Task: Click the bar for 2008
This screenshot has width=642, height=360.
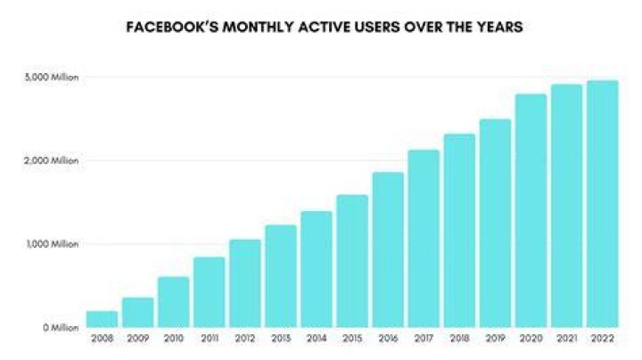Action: click(102, 319)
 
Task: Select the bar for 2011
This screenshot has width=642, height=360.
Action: click(210, 292)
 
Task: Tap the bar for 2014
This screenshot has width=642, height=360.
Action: click(317, 269)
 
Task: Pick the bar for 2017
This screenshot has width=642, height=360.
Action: click(424, 239)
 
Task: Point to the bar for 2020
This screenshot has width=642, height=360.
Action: click(531, 210)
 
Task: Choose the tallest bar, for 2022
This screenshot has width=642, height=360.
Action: click(602, 204)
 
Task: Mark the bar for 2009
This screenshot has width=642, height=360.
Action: click(137, 313)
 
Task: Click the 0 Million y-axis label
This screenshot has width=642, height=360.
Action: click(61, 328)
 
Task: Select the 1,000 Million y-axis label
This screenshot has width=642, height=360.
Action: click(53, 244)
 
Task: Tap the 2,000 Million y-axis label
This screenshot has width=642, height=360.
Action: click(51, 160)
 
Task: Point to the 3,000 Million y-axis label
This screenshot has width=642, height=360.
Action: click(51, 78)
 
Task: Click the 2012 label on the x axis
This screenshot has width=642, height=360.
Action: click(245, 339)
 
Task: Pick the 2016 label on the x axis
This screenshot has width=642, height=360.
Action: click(388, 339)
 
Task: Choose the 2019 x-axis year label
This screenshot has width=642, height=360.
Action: click(496, 339)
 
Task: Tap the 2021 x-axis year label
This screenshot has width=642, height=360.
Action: click(567, 339)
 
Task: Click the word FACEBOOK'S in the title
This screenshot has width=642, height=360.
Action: click(172, 27)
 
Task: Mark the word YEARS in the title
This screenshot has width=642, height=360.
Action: click(499, 27)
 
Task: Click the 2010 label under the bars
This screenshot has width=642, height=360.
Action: click(173, 339)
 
